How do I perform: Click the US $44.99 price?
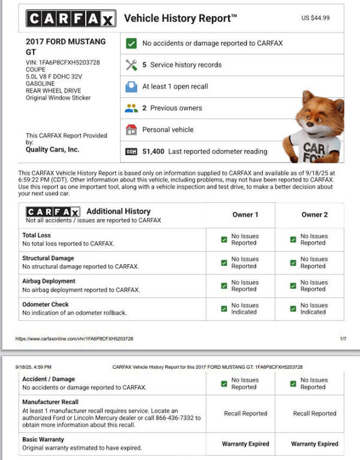[316, 19]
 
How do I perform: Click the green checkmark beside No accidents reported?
[131, 43]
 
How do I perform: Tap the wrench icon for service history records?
[131, 65]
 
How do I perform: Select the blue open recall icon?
[131, 86]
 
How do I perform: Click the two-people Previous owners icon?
[131, 108]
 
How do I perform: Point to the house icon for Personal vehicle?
[131, 130]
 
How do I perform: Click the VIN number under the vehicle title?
[63, 62]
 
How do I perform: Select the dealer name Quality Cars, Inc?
[52, 150]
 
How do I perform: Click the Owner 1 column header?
[245, 215]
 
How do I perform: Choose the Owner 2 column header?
[314, 215]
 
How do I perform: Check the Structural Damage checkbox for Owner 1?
[224, 262]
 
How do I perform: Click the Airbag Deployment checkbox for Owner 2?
[293, 285]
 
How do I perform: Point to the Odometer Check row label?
[46, 304]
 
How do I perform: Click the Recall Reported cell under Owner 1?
[245, 413]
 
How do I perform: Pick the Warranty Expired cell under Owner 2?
[314, 444]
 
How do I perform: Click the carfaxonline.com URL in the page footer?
[74, 339]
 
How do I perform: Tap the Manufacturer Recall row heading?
[50, 402]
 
